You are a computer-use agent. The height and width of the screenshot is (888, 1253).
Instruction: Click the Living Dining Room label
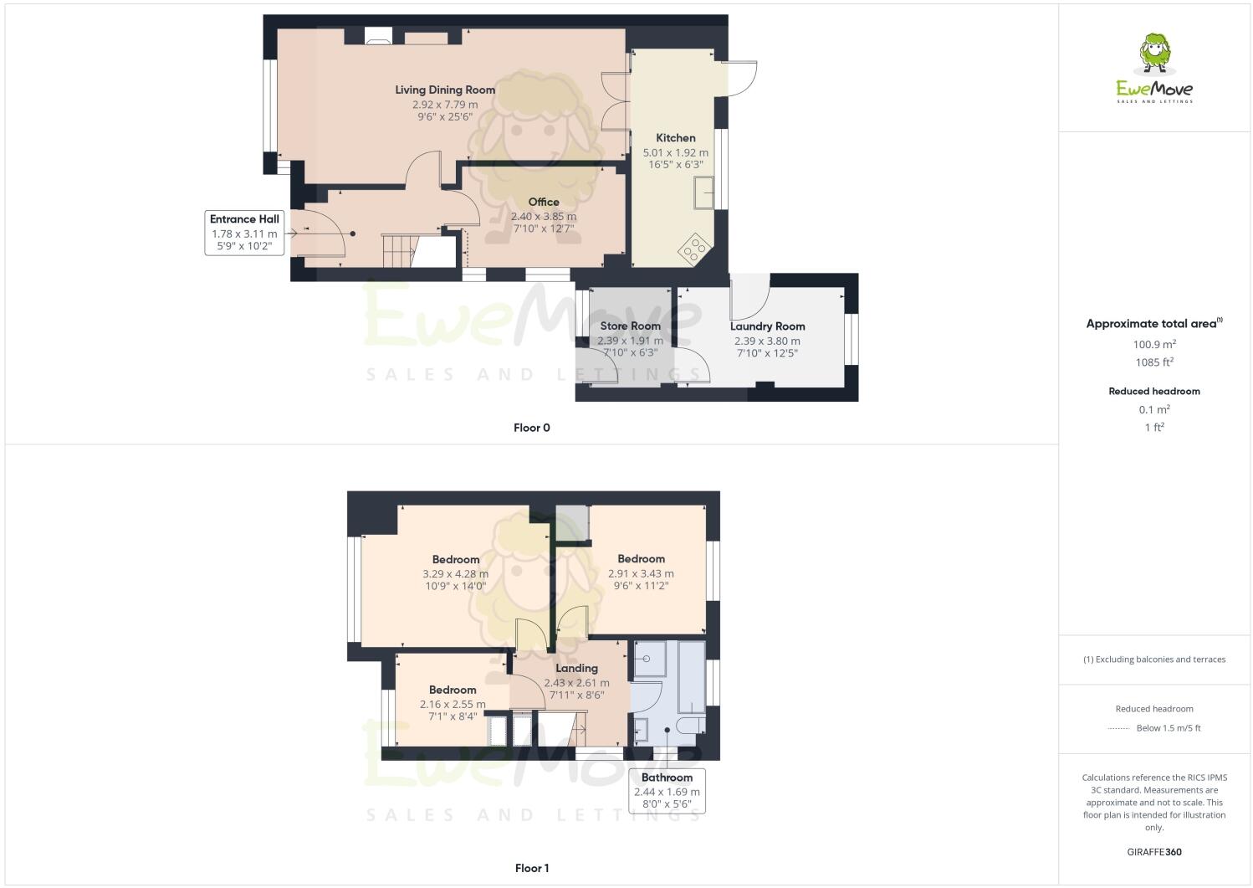point(445,90)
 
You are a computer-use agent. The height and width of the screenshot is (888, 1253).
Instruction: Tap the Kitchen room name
point(675,138)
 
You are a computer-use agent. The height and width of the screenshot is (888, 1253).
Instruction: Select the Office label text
point(544,202)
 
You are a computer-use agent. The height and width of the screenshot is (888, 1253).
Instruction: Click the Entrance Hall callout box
point(244,232)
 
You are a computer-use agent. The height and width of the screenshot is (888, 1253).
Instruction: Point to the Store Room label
point(630,326)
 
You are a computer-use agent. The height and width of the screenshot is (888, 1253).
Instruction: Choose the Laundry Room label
point(767,326)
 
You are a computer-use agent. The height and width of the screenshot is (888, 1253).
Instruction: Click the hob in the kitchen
point(694,249)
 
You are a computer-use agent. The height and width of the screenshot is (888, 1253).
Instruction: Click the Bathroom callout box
point(667,791)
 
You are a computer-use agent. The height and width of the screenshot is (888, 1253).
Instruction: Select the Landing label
point(576,668)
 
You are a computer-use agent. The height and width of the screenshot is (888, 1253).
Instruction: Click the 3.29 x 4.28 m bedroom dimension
point(455,574)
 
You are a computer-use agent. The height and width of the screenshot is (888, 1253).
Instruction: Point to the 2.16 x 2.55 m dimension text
point(453,704)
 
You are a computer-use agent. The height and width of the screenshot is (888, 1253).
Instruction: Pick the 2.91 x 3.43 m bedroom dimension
point(641,573)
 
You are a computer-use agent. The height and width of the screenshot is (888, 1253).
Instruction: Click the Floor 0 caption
point(531,428)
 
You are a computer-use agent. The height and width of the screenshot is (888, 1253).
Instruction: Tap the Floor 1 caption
point(531,868)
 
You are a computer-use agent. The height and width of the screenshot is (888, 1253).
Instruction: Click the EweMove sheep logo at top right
point(1155,54)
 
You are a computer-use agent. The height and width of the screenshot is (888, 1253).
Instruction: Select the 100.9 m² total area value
point(1154,344)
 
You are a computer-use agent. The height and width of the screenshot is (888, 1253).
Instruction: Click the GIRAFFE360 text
point(1154,852)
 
